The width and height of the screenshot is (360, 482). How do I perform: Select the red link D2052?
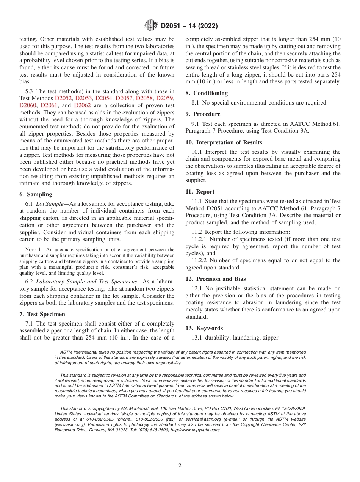64,98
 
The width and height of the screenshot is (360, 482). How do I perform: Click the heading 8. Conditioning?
207,93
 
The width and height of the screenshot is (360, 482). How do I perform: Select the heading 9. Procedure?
203,114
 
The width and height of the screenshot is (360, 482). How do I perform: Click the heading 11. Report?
200,192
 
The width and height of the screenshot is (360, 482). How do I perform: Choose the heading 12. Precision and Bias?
216,279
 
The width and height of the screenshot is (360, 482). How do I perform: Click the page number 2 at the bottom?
180,466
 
